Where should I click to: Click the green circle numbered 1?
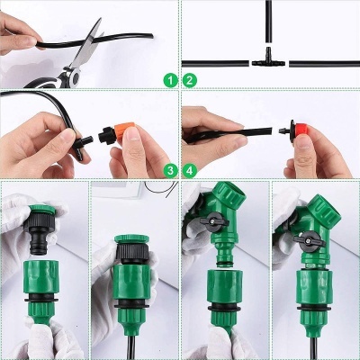(x=168, y=80)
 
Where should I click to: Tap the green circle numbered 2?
(x=190, y=80)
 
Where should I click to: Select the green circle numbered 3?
(x=168, y=169)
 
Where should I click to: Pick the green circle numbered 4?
(x=190, y=169)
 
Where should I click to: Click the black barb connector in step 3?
(x=86, y=141)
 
